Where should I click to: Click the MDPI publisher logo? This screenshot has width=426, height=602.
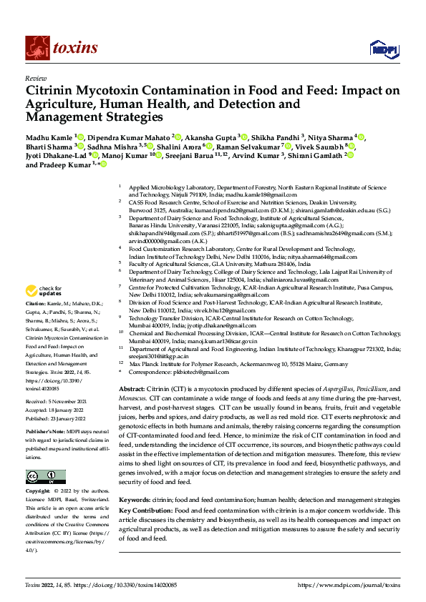tap(381, 49)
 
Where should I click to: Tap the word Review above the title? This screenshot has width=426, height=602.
tap(35, 78)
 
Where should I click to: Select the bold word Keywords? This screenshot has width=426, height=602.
tap(134, 499)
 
